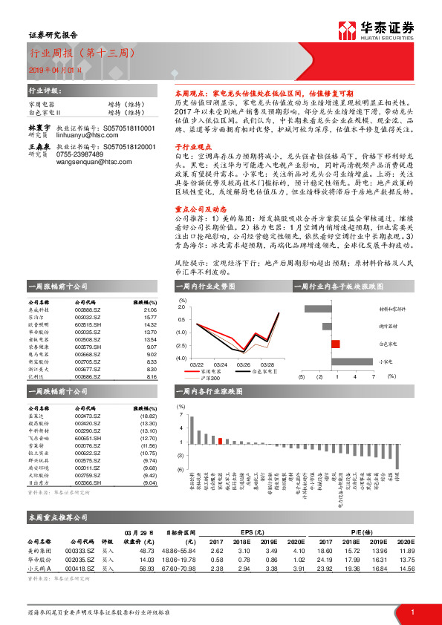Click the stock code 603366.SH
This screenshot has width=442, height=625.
[x=88, y=482]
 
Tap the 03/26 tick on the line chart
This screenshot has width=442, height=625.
[x=243, y=364]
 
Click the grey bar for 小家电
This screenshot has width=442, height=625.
[x=347, y=361]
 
